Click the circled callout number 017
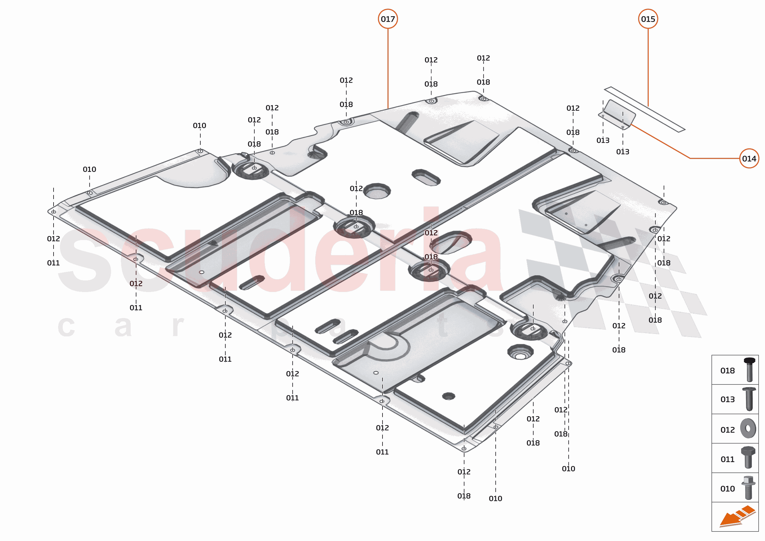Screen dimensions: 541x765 388,19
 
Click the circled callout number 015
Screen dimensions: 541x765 648,19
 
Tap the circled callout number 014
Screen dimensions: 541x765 749,158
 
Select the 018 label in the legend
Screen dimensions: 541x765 727,371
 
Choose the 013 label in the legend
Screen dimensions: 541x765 727,399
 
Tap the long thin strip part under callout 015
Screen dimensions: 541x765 644,109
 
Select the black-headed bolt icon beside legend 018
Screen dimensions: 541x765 749,369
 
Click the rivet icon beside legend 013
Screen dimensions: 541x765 749,399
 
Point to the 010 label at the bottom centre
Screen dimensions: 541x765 495,499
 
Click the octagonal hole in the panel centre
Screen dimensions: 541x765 377,191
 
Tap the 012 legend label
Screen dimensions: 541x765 727,430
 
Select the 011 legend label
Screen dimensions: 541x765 727,459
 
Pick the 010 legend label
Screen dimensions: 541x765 727,489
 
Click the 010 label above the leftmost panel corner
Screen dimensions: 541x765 89,169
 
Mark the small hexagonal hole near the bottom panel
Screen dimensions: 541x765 448,396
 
